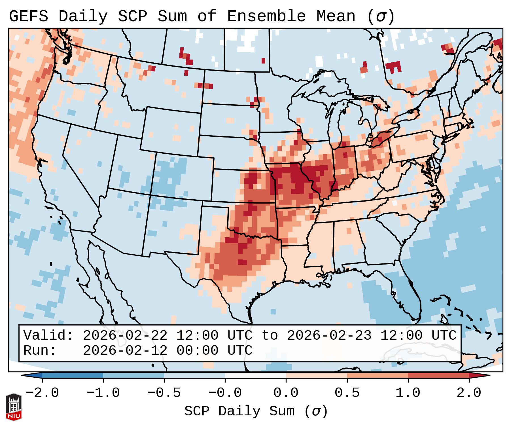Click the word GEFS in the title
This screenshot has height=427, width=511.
pyautogui.click(x=28, y=16)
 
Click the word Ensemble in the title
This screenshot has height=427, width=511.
pyautogui.click(x=266, y=16)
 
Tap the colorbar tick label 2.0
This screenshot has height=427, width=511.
pyautogui.click(x=469, y=393)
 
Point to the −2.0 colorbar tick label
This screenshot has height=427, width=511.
pyautogui.click(x=42, y=393)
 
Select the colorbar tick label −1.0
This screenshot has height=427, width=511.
pyautogui.click(x=103, y=393)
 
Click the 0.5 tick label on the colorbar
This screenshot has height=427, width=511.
pyautogui.click(x=347, y=393)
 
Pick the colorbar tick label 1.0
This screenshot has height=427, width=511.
pyautogui.click(x=408, y=393)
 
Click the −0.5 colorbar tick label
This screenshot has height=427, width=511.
pyautogui.click(x=164, y=393)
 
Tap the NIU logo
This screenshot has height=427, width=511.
pyautogui.click(x=14, y=407)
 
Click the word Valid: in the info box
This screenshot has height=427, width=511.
pyautogui.click(x=48, y=335)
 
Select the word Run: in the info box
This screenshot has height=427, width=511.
pyautogui.click(x=40, y=350)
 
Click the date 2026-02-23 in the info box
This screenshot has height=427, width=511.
pyautogui.click(x=329, y=335)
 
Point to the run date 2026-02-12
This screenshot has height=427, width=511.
pyautogui.click(x=125, y=350)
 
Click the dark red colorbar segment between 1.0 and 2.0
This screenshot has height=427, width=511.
pyautogui.click(x=438, y=375)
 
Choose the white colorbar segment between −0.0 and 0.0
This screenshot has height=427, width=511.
pyautogui.click(x=255, y=375)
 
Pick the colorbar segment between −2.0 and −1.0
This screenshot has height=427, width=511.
pyautogui.click(x=73, y=375)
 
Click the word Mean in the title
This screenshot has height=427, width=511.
pyautogui.click(x=336, y=16)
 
